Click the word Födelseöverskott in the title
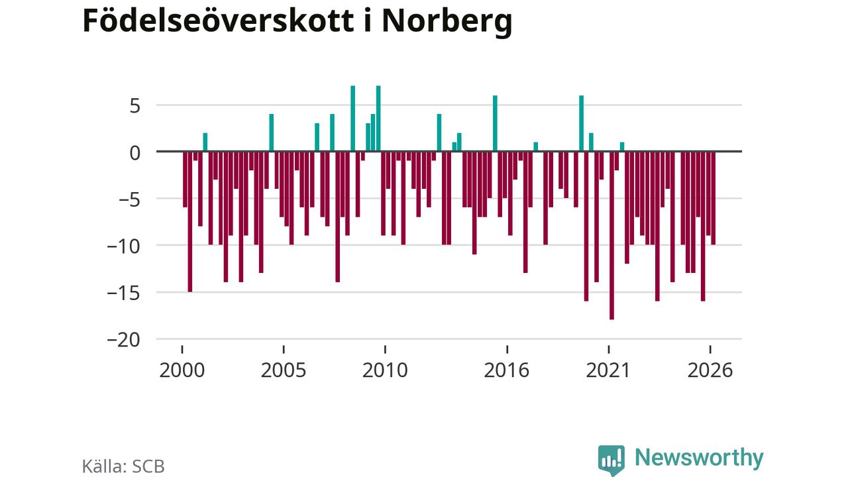pos(218,21)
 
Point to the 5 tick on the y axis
pos(134,106)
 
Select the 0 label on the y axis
pos(134,153)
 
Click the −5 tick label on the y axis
pos(129,200)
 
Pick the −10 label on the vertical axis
pos(123,247)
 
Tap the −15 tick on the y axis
pos(123,293)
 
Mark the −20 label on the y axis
pos(123,341)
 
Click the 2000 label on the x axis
pos(182,370)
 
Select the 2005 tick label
pos(284,370)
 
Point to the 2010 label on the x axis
pos(385,370)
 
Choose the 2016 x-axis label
pos(507,370)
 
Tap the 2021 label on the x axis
pos(608,370)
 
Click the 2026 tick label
pos(710,370)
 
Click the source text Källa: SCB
pos(123,466)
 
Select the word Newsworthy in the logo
pos(699,458)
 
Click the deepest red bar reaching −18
pos(611,235)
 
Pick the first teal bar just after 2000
pos(205,142)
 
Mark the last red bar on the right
pos(714,198)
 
